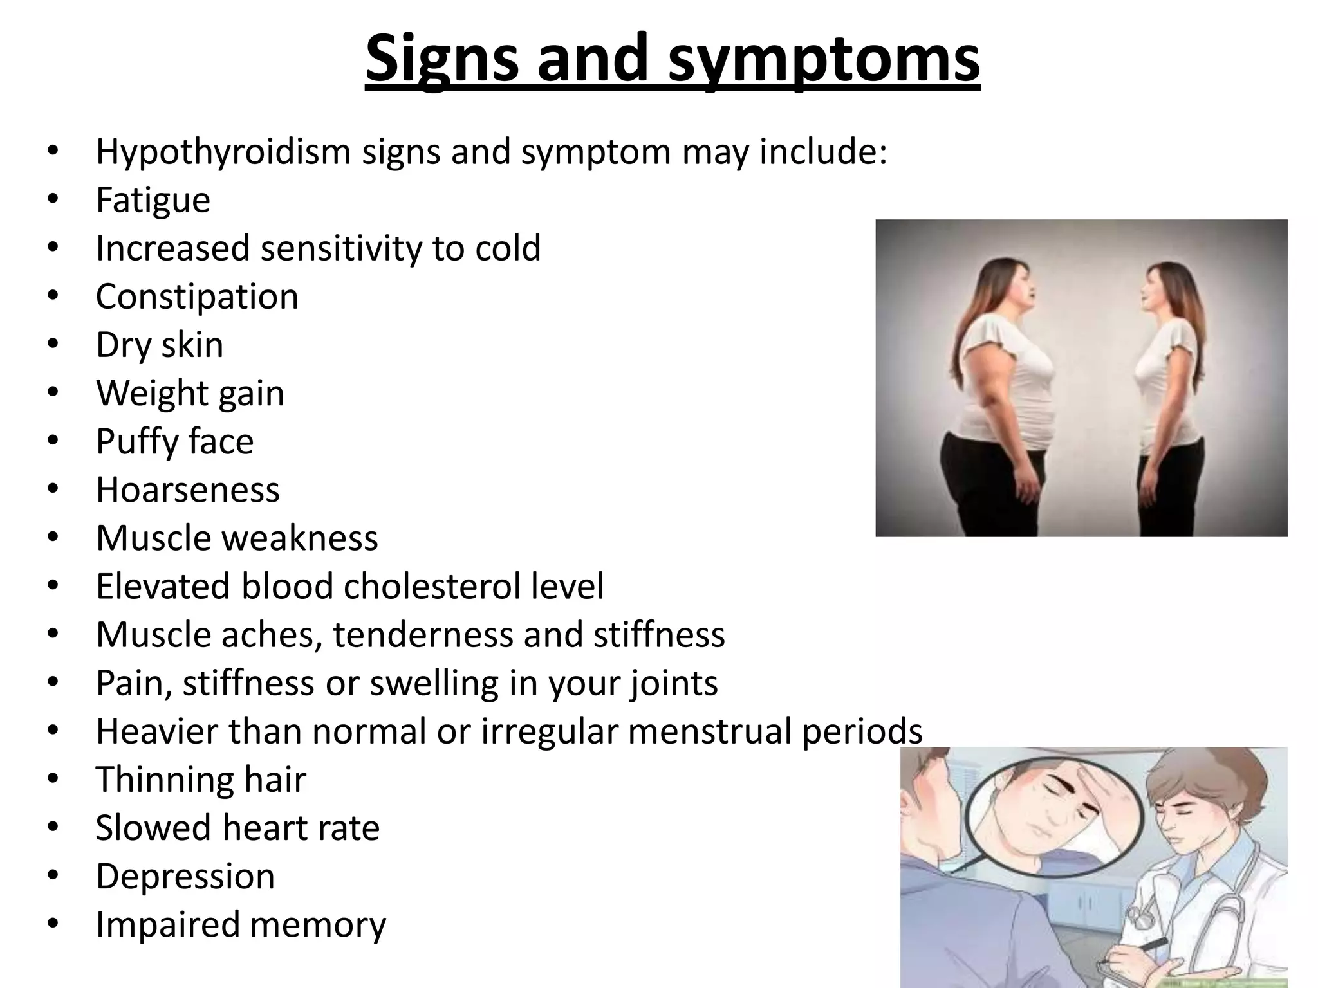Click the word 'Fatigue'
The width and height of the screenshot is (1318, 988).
point(153,200)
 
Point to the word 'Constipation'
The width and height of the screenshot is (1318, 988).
point(197,297)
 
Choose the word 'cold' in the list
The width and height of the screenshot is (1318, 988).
point(508,248)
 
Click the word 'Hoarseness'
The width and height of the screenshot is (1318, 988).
point(188,489)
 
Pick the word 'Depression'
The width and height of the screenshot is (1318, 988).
point(185,876)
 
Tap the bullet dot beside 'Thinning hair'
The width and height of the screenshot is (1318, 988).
point(53,778)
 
